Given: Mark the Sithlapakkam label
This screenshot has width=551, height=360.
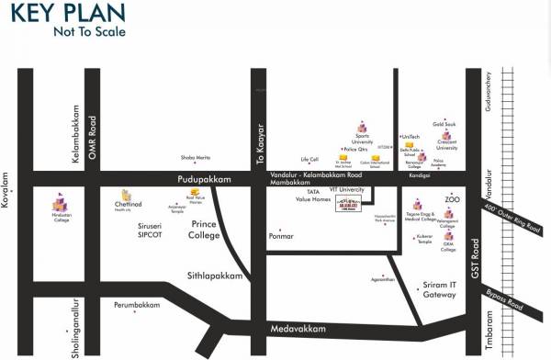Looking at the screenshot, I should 218,275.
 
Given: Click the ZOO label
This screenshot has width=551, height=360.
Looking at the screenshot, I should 451,198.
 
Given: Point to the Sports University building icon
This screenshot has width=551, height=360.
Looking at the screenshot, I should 361,126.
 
